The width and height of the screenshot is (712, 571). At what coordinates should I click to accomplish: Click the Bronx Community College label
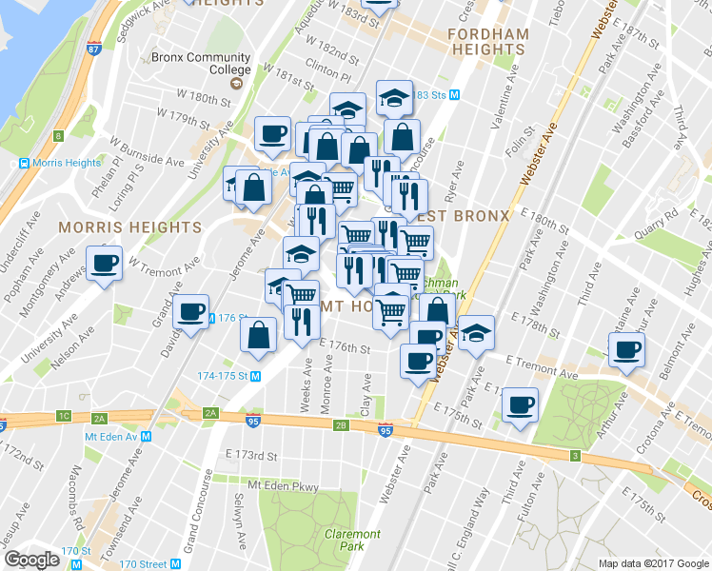point(201,63)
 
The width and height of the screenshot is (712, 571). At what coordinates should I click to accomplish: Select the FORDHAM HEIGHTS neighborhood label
point(488,40)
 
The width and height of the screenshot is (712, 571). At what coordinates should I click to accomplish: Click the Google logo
point(32,560)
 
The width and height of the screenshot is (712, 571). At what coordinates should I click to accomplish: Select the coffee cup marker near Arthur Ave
point(626,350)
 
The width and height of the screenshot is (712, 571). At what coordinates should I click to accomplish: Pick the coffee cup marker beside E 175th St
point(520,404)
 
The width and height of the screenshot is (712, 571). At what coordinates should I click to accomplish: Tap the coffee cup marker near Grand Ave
point(191,311)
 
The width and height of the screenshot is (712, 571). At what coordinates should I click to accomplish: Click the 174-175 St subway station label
point(230,376)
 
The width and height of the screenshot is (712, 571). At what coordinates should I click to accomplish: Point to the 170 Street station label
point(142,564)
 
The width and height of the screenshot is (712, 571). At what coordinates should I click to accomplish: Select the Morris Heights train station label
point(59,163)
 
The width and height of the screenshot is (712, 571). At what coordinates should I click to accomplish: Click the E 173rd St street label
point(250,456)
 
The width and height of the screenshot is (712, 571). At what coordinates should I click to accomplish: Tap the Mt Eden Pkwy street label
point(283,485)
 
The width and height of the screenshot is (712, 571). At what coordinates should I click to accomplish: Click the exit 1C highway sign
point(64,416)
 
